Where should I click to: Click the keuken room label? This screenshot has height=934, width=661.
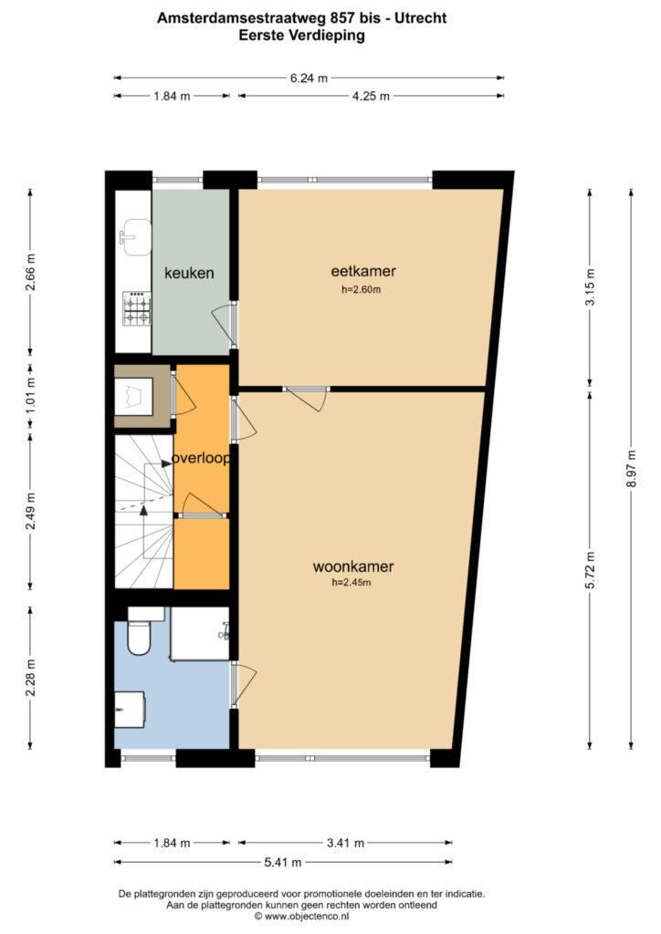click(x=189, y=273)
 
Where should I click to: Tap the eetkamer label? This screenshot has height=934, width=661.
click(x=363, y=271)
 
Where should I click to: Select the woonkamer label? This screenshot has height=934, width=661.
click(x=353, y=566)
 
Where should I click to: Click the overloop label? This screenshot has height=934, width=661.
click(x=201, y=458)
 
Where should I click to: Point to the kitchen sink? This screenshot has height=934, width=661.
click(x=135, y=236)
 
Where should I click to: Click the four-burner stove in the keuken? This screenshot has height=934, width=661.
click(x=137, y=308)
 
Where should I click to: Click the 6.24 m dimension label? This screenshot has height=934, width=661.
click(x=309, y=78)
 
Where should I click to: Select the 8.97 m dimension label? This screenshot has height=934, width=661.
click(x=631, y=468)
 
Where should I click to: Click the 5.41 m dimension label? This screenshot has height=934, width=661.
click(x=282, y=862)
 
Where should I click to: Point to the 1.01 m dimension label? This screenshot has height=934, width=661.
click(x=30, y=395)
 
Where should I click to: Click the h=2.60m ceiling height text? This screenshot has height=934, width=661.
click(x=362, y=290)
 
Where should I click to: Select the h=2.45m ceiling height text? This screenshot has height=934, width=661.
click(x=351, y=583)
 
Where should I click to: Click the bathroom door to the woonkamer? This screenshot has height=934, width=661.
click(x=243, y=684)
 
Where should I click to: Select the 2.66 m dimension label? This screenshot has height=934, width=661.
click(x=30, y=272)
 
